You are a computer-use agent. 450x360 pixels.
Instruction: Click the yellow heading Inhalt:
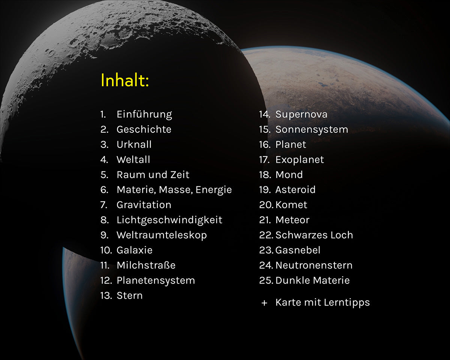(125, 80)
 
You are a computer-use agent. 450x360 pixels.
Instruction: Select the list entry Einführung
(144, 114)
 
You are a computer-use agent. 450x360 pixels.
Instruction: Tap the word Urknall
(134, 144)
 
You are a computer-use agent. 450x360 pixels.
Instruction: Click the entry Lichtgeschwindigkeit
(169, 220)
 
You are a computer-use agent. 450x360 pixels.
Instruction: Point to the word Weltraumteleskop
(162, 235)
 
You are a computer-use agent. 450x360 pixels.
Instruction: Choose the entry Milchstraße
(146, 265)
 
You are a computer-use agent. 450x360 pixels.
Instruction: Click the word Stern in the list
(130, 295)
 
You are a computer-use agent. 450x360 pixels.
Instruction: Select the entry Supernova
(301, 114)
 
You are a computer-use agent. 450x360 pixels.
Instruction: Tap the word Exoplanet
(300, 160)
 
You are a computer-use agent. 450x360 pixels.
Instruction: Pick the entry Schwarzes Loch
(314, 235)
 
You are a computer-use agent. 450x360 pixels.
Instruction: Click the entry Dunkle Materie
(312, 280)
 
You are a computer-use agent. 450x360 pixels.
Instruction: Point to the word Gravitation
(144, 205)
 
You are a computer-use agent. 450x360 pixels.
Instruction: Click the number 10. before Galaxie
(106, 250)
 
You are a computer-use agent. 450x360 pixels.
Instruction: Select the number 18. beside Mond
(265, 175)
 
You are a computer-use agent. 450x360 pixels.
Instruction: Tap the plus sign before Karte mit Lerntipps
(264, 303)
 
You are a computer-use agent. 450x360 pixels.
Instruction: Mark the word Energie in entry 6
(214, 190)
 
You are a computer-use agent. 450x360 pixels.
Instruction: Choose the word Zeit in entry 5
(180, 175)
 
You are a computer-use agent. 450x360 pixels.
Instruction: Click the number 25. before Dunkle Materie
(266, 280)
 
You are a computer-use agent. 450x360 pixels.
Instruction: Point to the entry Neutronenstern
(314, 265)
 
